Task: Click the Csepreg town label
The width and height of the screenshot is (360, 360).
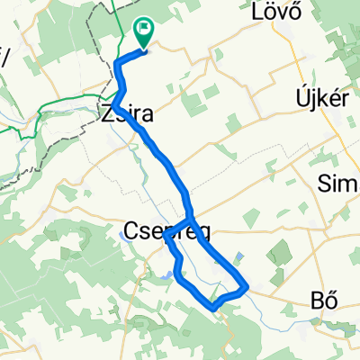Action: tap(165, 233)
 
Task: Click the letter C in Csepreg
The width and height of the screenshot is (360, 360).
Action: tap(128, 233)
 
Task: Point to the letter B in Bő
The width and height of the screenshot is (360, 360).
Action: tap(316, 301)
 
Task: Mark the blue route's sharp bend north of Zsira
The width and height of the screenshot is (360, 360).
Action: tap(118, 61)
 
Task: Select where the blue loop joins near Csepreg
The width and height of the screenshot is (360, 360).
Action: tap(192, 220)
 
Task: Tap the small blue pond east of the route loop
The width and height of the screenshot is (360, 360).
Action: tap(238, 257)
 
